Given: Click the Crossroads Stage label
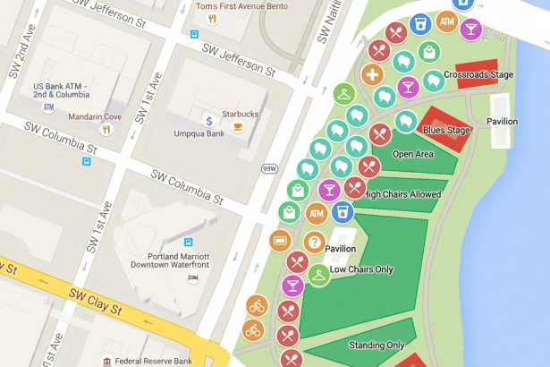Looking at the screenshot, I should point(478,75).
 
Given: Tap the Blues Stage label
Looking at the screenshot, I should point(446,131).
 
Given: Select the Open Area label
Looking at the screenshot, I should point(412,153).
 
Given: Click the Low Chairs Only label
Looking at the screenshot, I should point(362,269).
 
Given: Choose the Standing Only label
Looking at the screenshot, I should point(377,346).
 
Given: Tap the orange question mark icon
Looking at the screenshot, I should point(314,242).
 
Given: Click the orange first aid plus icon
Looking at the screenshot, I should point(374,74).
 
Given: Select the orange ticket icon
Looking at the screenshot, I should point(280,240).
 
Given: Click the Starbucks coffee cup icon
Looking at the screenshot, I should point(238,127).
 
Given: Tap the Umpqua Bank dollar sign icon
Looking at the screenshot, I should point(208,120).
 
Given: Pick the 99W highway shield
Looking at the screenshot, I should point(269,167).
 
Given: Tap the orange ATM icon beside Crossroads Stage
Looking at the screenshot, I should point(446,21).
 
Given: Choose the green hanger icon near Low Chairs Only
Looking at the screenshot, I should point(318,275).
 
